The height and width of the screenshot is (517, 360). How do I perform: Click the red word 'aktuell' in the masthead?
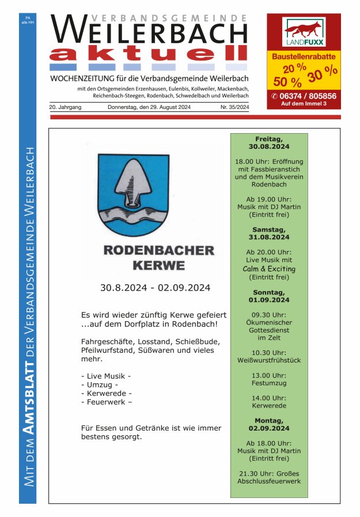148,54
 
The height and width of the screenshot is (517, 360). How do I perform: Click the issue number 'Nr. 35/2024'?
234,108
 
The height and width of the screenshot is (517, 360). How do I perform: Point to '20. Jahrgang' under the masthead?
65,108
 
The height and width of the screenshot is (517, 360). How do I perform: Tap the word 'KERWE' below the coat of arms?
159,266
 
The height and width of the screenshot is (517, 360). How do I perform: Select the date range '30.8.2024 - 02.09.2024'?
155,288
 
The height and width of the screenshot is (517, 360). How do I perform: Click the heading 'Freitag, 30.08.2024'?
269,143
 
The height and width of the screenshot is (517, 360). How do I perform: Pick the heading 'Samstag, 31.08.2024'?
269,233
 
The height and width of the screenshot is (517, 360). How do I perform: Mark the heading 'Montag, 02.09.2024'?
269,425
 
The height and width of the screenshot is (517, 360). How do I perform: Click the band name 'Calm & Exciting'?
269,269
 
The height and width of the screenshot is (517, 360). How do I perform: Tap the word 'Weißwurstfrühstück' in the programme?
269,360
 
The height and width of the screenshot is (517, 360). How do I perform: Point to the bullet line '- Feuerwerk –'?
107,402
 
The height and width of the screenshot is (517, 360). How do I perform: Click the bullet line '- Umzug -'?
100,384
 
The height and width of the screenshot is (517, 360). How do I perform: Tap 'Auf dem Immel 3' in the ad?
304,104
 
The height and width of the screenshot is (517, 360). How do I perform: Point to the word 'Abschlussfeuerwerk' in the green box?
269,481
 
